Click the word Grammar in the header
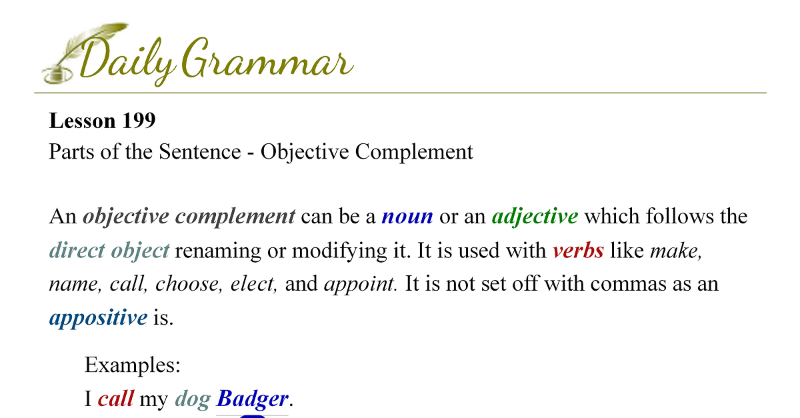(x=267, y=58)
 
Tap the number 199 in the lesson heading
(x=139, y=121)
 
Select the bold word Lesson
(x=83, y=121)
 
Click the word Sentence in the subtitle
(x=200, y=151)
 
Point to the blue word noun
(x=407, y=217)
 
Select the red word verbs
(x=579, y=251)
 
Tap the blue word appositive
(x=98, y=317)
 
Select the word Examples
(x=133, y=365)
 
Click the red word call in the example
(x=116, y=399)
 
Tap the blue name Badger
(x=252, y=399)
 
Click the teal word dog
(x=193, y=400)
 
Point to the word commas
(x=628, y=285)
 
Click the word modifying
(x=339, y=251)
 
